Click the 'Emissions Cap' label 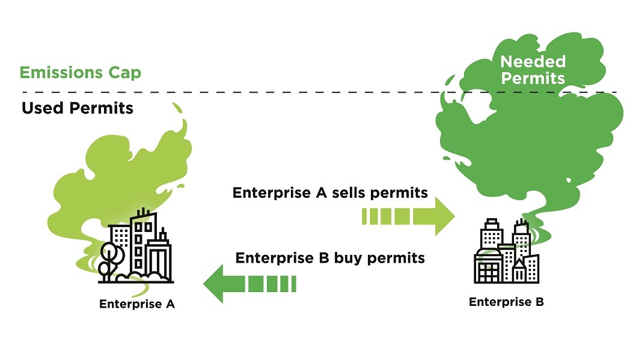pos(80,73)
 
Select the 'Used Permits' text pos(77,108)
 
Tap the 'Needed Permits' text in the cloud pos(533,70)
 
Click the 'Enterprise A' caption pos(136,304)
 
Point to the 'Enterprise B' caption pos(506,302)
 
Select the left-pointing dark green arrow pos(249,283)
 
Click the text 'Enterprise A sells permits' pos(330,193)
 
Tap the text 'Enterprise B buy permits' pos(330,258)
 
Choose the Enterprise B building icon pos(506,252)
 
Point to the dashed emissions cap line pos(301,92)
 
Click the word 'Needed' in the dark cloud pos(533,61)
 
